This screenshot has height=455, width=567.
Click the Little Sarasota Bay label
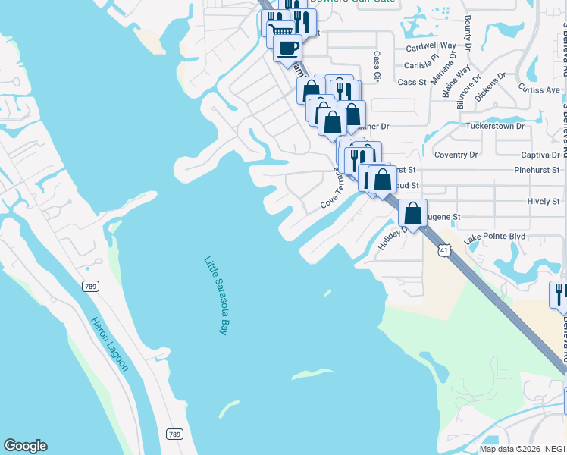pyautogui.click(x=216, y=296)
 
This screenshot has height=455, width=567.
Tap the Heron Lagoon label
pyautogui.click(x=109, y=344)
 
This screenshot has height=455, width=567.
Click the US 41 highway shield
pyautogui.click(x=446, y=249)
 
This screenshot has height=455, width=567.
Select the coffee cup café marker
pyautogui.click(x=287, y=49)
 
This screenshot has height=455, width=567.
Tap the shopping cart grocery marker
pyautogui.click(x=280, y=30)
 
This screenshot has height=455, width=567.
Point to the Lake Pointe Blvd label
pyautogui.click(x=495, y=237)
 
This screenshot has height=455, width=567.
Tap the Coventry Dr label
pyautogui.click(x=456, y=155)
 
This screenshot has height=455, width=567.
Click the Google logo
pyautogui.click(x=25, y=446)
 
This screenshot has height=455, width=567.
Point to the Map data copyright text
pyautogui.click(x=522, y=449)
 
